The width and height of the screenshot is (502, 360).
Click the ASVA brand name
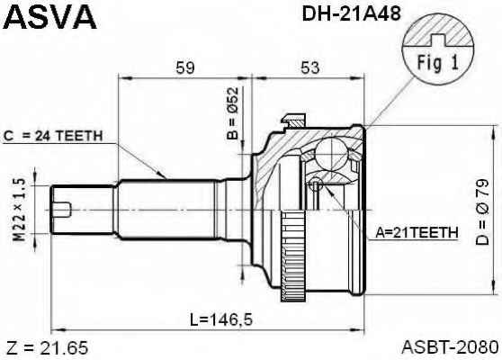point(49,17)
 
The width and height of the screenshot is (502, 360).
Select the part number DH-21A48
point(351,13)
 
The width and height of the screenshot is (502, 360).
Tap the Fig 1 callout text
point(437,62)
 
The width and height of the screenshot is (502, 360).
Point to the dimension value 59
point(185,67)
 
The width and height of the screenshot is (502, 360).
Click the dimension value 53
point(309,67)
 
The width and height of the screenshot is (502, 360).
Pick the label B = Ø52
point(233,113)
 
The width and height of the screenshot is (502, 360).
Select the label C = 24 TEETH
point(53,137)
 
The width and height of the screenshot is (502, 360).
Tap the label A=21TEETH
point(417,232)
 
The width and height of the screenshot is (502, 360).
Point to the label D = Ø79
point(482,212)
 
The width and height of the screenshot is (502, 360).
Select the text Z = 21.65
point(47,348)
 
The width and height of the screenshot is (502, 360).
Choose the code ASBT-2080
point(451,347)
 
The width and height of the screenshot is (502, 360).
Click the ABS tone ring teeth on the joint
point(293,256)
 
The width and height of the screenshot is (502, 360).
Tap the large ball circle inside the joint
point(331,153)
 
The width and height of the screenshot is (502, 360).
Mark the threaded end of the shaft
point(82,210)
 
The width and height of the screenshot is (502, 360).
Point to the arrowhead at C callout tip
point(163,175)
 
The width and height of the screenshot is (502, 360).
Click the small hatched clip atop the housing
point(293,121)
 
